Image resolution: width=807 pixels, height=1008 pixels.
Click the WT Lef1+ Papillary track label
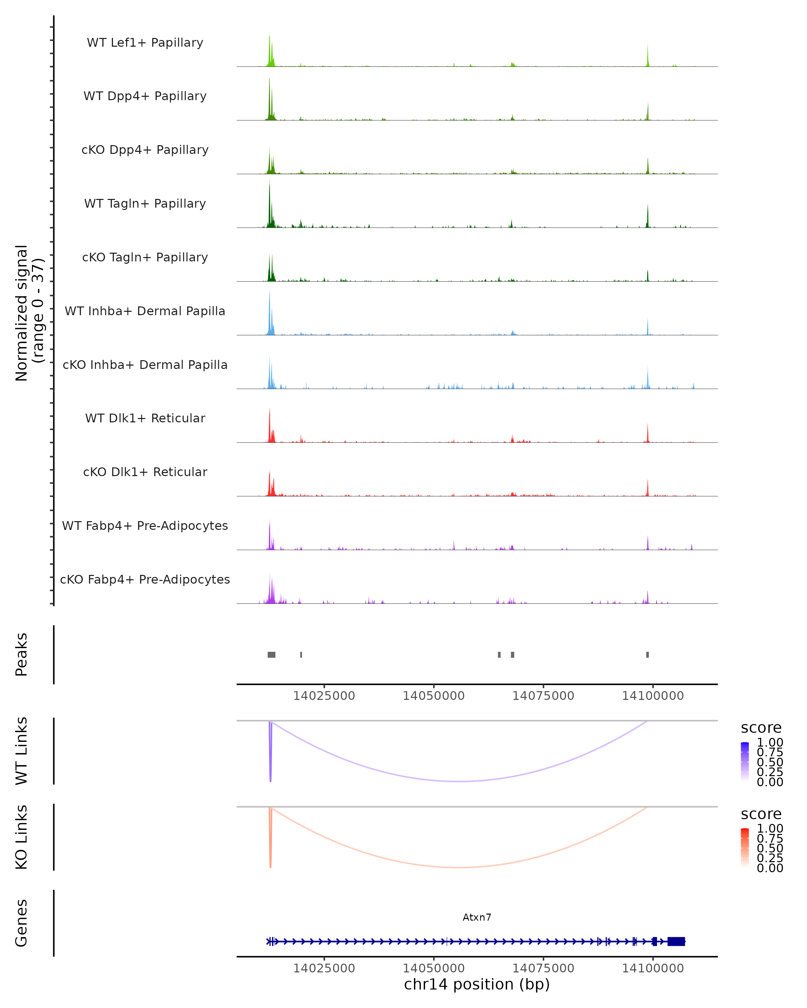tap(145, 43)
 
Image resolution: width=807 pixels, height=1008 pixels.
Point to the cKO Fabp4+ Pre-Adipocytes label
tap(145, 579)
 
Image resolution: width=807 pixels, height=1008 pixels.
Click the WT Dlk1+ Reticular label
tap(145, 418)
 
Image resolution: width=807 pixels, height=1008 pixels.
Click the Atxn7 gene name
tap(477, 917)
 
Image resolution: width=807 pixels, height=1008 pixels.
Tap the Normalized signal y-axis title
tap(29, 313)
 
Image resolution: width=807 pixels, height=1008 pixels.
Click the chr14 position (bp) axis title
tap(477, 984)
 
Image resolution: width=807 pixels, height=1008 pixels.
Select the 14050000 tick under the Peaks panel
tap(434, 696)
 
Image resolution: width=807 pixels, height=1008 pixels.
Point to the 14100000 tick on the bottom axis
tap(653, 968)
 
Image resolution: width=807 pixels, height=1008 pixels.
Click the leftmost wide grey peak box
tap(271, 655)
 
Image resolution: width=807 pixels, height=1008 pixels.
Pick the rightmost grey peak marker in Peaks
tap(648, 655)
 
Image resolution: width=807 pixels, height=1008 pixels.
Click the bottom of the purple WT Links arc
tap(459, 781)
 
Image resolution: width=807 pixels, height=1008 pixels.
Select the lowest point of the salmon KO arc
tap(459, 867)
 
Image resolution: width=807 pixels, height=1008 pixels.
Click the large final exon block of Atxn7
tap(676, 941)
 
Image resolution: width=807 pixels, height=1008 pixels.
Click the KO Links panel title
tap(22, 837)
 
